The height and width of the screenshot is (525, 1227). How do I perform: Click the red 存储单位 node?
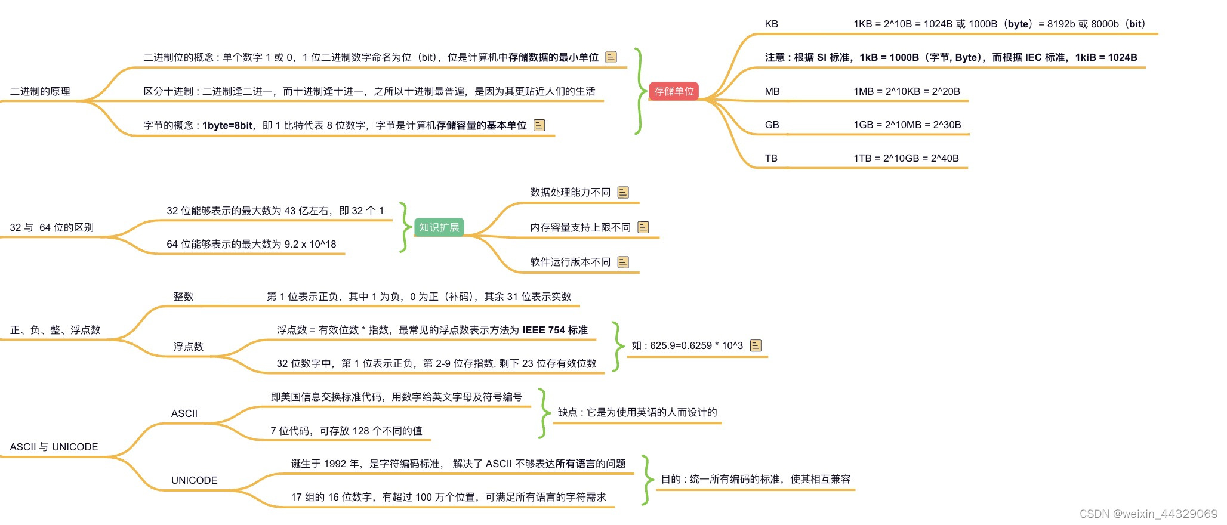(674, 91)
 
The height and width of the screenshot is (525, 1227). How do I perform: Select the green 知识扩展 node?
(439, 227)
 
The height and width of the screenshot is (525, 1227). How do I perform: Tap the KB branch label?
(771, 24)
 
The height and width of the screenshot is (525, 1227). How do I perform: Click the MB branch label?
(772, 92)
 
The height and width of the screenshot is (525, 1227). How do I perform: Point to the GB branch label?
(772, 125)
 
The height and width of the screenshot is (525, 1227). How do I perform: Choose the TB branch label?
(771, 159)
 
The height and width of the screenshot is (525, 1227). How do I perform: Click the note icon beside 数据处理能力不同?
(623, 192)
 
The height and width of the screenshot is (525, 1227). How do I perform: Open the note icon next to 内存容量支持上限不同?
(643, 227)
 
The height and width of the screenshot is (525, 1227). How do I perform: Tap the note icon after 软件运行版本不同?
(623, 262)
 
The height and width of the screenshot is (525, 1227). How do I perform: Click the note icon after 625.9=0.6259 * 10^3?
(756, 345)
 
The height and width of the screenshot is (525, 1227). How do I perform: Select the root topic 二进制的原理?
(40, 91)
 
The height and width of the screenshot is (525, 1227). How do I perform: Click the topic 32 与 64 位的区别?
(51, 227)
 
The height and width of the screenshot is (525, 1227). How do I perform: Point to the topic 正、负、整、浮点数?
(55, 330)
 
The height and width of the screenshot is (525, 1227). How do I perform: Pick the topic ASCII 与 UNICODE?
(54, 447)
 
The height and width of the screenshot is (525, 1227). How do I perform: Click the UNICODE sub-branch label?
(194, 480)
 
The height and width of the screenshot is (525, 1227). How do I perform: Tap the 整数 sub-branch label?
(183, 297)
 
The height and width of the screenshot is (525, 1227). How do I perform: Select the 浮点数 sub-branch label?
(189, 347)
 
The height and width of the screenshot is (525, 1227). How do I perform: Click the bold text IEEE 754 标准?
(555, 330)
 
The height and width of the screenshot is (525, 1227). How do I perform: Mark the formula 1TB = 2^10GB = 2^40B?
(906, 159)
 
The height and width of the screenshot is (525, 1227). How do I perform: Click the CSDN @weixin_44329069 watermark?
(1148, 514)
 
